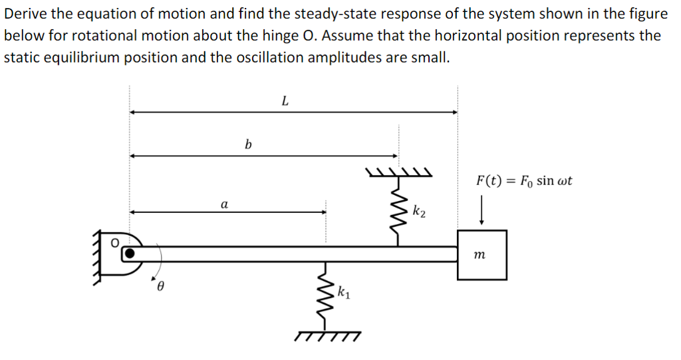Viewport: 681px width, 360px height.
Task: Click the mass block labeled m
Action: [481, 254]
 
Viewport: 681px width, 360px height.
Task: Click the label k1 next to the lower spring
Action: [343, 291]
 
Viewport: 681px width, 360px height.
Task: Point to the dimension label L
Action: [285, 101]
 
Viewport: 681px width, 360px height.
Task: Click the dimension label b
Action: [248, 144]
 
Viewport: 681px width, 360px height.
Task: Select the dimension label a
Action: [224, 204]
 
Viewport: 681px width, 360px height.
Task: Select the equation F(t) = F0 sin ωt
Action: [524, 180]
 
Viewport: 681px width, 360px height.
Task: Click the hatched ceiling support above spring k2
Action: [399, 174]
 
